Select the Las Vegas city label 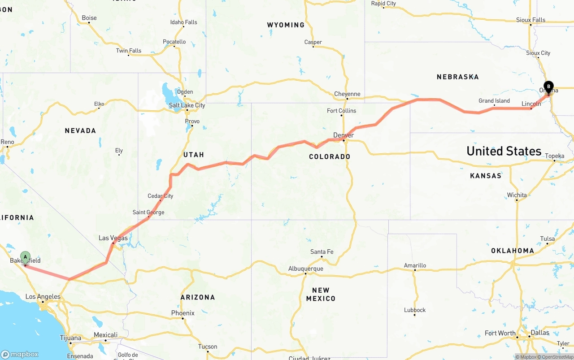pos(113,238)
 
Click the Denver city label pos(344,135)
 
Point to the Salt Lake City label pos(187,105)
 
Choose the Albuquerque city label pos(305,269)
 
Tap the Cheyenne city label pos(347,94)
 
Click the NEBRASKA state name pos(457,77)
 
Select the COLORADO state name pos(330,156)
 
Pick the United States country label pos(504,151)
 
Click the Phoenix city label pos(183,313)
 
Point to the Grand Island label pos(494,101)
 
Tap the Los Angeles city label pos(43,296)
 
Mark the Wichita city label pos(517,195)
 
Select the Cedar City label pos(160,196)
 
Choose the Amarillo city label pos(415,265)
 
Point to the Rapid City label pos(383,4)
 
